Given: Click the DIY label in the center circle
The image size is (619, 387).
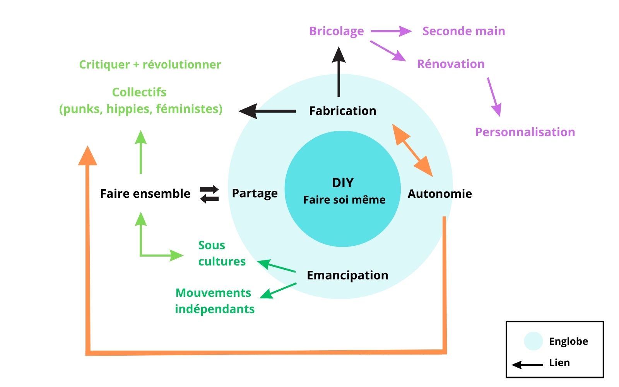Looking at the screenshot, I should (x=343, y=183).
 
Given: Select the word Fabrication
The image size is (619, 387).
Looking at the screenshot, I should (x=342, y=111).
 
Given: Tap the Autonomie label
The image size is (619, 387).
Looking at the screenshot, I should (x=439, y=193).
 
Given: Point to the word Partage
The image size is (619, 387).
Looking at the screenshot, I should (x=255, y=193).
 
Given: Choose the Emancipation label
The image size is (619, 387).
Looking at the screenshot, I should (x=347, y=275).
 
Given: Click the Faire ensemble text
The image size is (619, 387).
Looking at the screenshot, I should (x=145, y=193).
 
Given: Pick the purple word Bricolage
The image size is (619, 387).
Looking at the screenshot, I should (x=336, y=31).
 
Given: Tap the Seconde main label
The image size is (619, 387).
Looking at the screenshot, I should (x=463, y=31).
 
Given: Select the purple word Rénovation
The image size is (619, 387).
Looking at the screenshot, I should (x=450, y=64).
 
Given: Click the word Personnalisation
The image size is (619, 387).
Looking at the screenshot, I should (x=525, y=132).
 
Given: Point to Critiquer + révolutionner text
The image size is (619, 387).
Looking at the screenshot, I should (x=150, y=64).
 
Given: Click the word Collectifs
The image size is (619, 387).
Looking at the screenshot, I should (x=139, y=92).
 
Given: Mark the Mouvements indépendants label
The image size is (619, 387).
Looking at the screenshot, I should (x=214, y=301).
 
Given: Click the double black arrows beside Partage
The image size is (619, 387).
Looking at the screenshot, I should (x=209, y=194).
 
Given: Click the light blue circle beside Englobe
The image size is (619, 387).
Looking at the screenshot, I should (x=533, y=341).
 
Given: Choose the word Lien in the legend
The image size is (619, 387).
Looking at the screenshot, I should (x=559, y=363).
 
